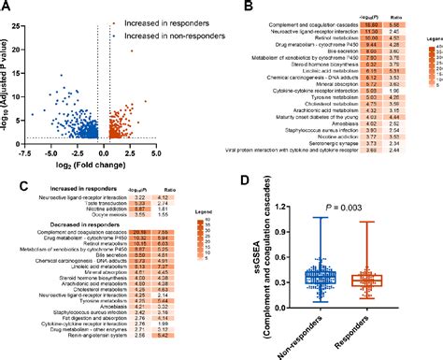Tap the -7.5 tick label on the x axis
tap(29, 150)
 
